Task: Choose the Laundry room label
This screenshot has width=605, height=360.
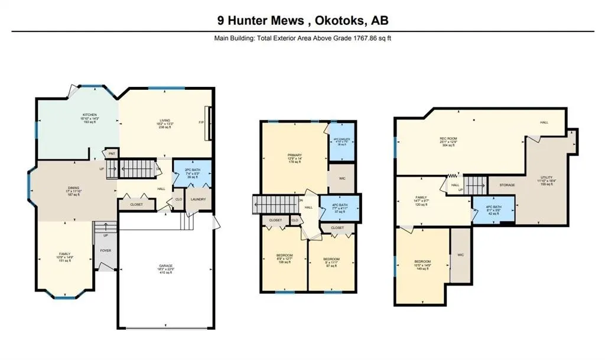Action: click(198, 199)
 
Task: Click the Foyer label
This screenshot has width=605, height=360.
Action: click(106, 250)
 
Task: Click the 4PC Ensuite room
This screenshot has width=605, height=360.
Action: click(340, 142)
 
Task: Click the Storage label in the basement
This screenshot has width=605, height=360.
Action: click(506, 185)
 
